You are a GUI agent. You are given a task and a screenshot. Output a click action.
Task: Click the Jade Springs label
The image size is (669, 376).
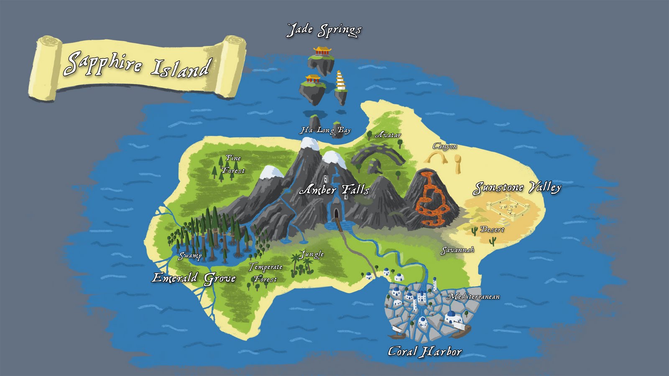[324, 30]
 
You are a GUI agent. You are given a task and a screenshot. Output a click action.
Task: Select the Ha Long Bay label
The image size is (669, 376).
[325, 130]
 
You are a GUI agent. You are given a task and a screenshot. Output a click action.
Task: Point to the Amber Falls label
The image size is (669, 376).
[334, 190]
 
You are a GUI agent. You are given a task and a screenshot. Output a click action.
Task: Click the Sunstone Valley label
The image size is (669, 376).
[517, 188]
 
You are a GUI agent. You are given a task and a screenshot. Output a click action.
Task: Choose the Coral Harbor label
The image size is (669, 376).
[424, 351]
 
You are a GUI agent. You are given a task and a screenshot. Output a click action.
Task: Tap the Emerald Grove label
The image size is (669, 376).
[194, 278]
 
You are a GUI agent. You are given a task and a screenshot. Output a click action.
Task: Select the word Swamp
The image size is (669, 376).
[190, 256]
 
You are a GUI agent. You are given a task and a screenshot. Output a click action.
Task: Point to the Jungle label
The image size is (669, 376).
[312, 254]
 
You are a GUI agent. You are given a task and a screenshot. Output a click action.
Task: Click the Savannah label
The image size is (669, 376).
[457, 250]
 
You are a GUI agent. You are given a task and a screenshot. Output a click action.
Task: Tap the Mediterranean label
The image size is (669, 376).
[474, 297]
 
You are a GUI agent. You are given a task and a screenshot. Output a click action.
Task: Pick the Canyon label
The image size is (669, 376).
[444, 146]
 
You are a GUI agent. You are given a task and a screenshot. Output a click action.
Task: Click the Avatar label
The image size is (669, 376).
[388, 135]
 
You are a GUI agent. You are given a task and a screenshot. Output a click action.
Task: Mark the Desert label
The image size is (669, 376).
[492, 229]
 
